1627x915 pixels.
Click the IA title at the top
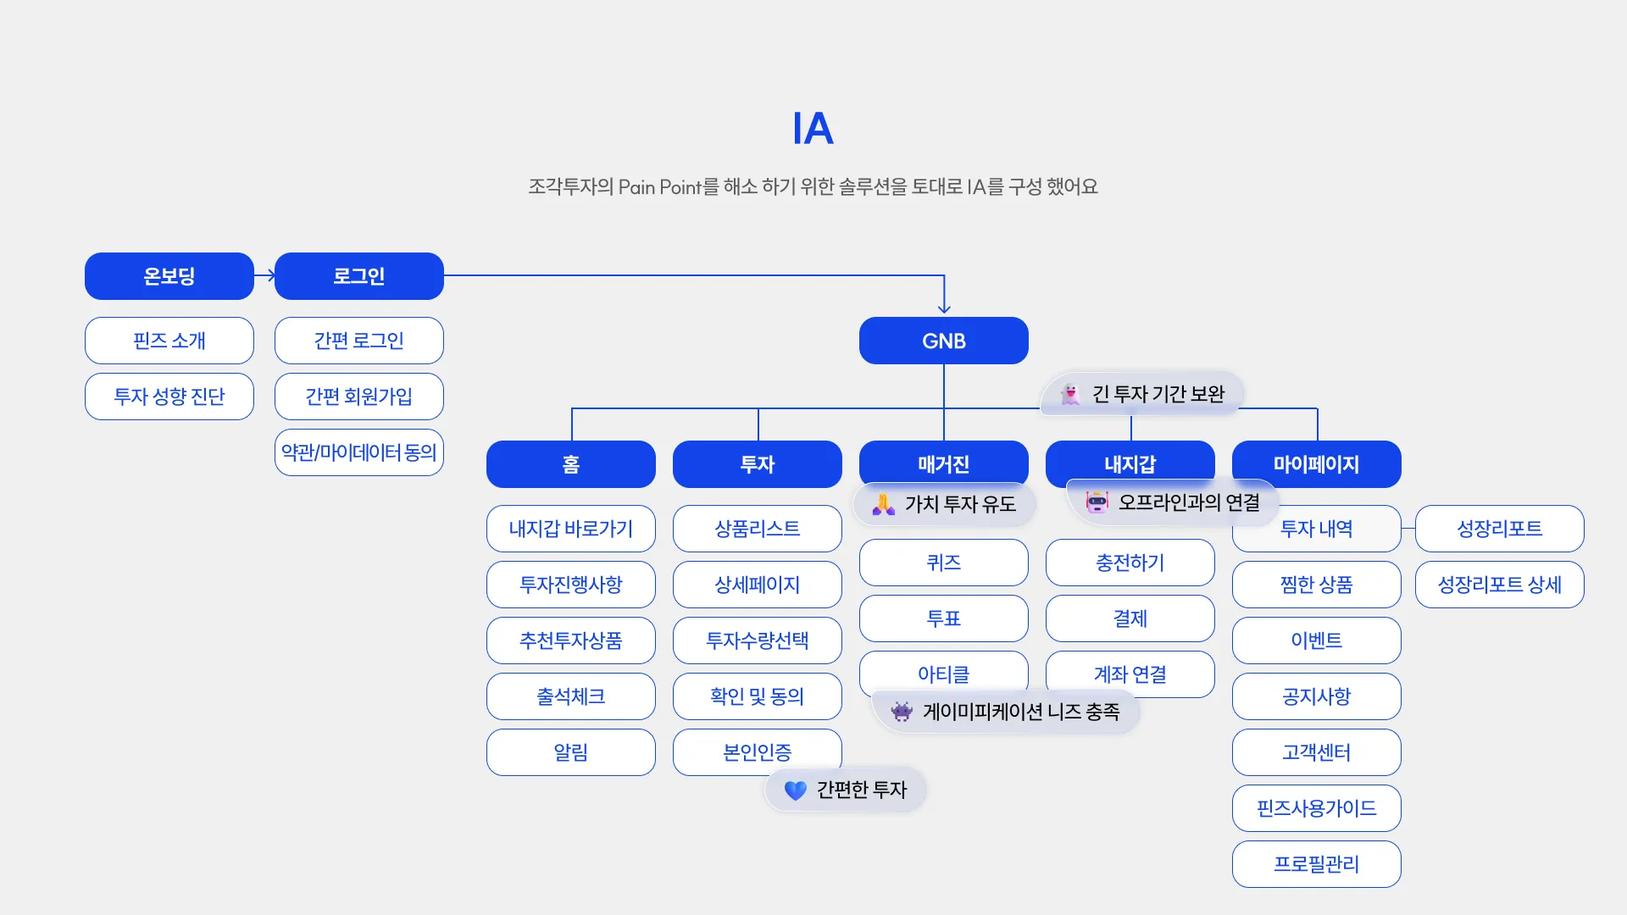click(x=813, y=129)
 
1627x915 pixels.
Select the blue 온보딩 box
click(x=169, y=276)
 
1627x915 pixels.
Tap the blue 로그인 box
click(x=359, y=276)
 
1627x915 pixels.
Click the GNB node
click(x=944, y=341)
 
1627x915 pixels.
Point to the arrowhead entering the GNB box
click(x=944, y=309)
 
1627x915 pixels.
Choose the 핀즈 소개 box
click(x=169, y=341)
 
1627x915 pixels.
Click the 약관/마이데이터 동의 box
click(x=359, y=452)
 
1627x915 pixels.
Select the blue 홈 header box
click(x=571, y=464)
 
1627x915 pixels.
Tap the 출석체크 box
click(x=571, y=696)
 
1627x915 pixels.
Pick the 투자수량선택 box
click(x=758, y=640)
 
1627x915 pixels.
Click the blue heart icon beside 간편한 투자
click(x=796, y=790)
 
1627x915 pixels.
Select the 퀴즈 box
click(x=944, y=563)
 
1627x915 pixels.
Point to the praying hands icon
click(x=884, y=505)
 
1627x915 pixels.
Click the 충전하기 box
click(x=1130, y=563)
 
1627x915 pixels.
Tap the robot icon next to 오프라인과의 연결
click(x=1097, y=502)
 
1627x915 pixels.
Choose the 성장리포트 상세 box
click(x=1500, y=585)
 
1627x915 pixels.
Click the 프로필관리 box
click(x=1317, y=864)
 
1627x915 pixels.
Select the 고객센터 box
click(x=1317, y=752)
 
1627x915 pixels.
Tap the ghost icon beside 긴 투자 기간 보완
click(x=1071, y=394)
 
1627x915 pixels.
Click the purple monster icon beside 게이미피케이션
click(x=902, y=712)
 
